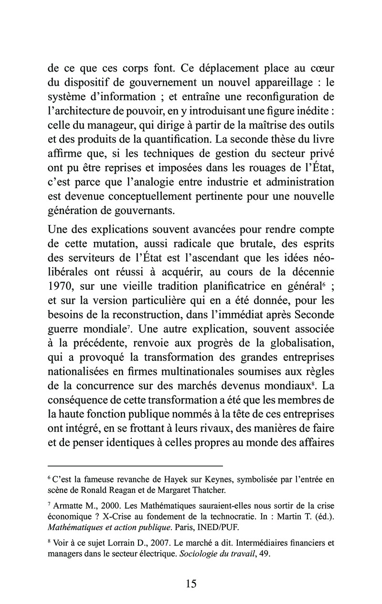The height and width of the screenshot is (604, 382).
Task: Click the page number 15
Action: click(x=191, y=583)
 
